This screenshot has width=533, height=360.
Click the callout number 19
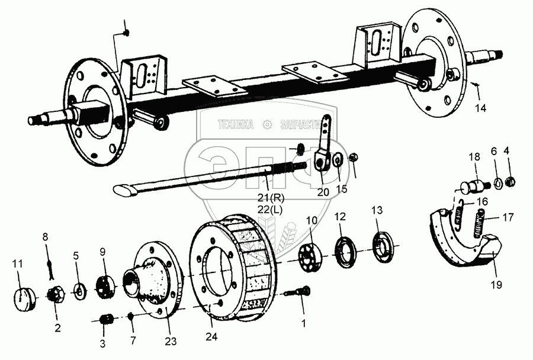pos(495,284)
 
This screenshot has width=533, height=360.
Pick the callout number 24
pos(211,337)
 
